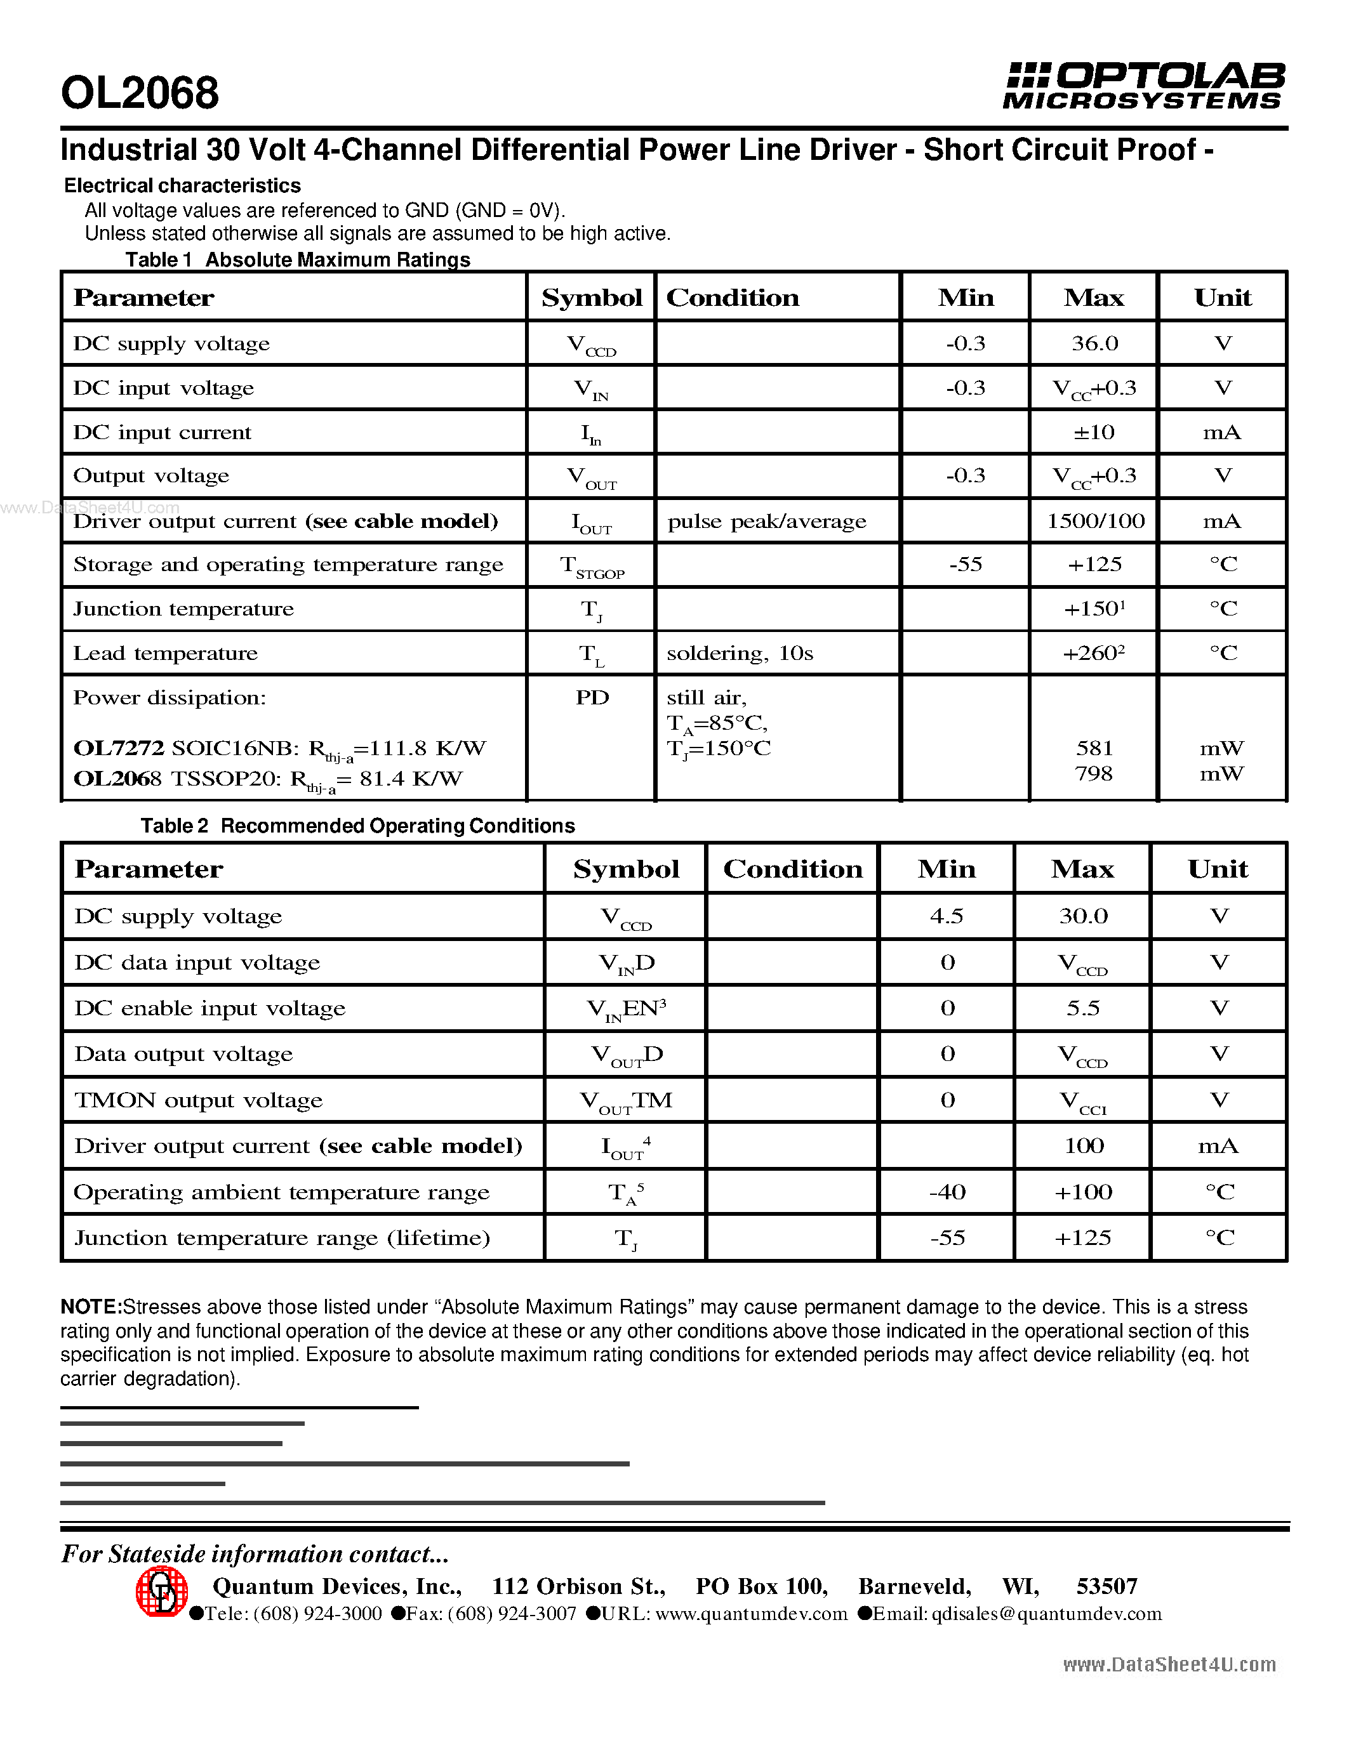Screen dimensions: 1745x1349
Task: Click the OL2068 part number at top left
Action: point(140,93)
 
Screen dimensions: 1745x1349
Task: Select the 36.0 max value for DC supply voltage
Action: point(1093,343)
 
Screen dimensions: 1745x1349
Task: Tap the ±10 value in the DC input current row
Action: point(1093,432)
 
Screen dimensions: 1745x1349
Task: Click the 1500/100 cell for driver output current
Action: point(1095,521)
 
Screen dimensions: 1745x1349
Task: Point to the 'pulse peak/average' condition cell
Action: point(766,522)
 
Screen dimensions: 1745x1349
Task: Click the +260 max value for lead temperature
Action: point(1093,654)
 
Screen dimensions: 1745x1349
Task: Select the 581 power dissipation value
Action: point(1093,748)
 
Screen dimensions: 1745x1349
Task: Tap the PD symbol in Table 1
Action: point(592,697)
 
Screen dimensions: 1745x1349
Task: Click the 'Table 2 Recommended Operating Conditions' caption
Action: point(357,826)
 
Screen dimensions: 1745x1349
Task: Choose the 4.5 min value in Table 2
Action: point(947,916)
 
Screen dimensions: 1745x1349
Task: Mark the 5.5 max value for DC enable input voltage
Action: point(1083,1008)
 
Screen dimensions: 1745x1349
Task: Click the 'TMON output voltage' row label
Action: point(198,1100)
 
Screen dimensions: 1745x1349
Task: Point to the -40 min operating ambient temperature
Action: point(947,1192)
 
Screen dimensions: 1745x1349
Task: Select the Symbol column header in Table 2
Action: point(626,869)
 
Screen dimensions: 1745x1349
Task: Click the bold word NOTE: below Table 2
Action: point(90,1307)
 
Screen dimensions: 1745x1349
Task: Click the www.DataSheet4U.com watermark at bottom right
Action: point(1168,1664)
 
